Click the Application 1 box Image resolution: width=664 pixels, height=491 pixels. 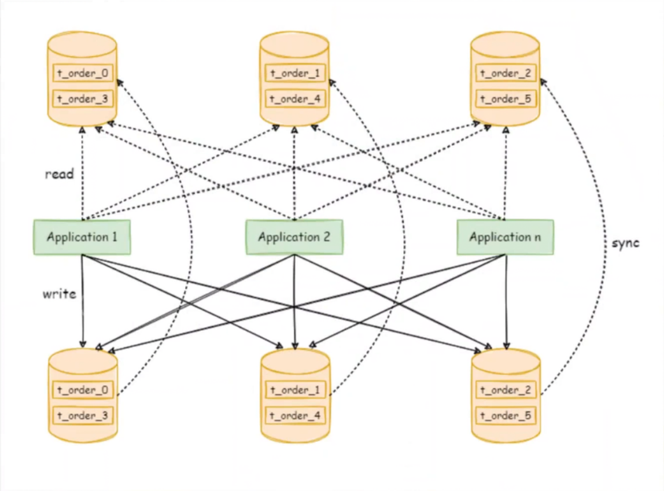pyautogui.click(x=82, y=237)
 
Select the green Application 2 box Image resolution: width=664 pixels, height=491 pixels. pyautogui.click(x=294, y=237)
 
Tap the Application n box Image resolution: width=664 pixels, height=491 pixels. pyautogui.click(x=505, y=237)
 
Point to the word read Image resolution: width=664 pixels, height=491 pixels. pyautogui.click(x=59, y=173)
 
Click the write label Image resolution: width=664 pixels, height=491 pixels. pyautogui.click(x=59, y=294)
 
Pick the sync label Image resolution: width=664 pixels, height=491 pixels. pyautogui.click(x=625, y=243)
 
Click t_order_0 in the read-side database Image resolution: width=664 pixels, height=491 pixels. pyautogui.click(x=83, y=73)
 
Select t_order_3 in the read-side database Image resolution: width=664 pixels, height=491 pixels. pyautogui.click(x=83, y=99)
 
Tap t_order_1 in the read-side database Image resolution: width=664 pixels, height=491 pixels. pyautogui.click(x=295, y=73)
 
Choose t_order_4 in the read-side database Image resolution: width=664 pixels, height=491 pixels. pyautogui.click(x=295, y=99)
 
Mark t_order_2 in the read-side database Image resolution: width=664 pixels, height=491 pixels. pyautogui.click(x=506, y=73)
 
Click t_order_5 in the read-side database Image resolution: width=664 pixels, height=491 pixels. pyautogui.click(x=506, y=99)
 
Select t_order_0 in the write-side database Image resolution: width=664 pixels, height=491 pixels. pyautogui.click(x=83, y=389)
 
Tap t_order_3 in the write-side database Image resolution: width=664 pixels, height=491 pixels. pyautogui.click(x=83, y=416)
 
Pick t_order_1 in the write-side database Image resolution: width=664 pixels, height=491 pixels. pyautogui.click(x=295, y=389)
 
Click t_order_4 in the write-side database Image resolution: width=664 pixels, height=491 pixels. pyautogui.click(x=295, y=416)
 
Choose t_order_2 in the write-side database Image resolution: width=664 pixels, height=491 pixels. pyautogui.click(x=506, y=389)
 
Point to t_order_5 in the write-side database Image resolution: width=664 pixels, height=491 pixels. pyautogui.click(x=506, y=416)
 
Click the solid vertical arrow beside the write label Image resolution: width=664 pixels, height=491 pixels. pyautogui.click(x=83, y=301)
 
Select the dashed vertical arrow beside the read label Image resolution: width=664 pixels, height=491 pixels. pyautogui.click(x=83, y=173)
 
